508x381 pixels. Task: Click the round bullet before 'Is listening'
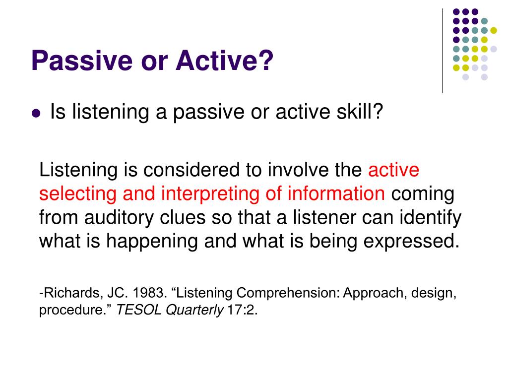click(x=35, y=114)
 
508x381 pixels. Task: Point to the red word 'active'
click(x=393, y=170)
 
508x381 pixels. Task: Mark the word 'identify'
click(x=432, y=217)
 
